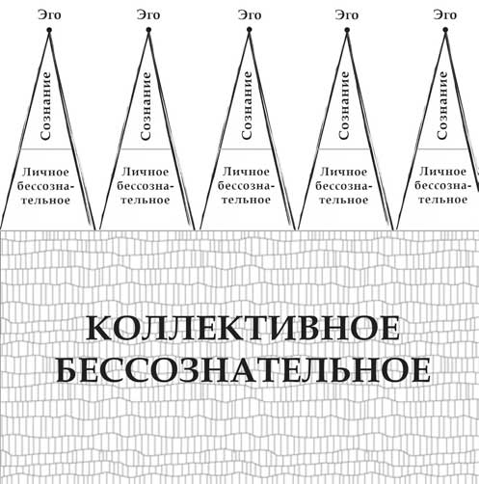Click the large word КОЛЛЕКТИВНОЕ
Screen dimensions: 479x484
(244, 328)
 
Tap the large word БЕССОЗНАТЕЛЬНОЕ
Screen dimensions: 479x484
(244, 370)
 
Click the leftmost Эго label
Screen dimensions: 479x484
(49, 15)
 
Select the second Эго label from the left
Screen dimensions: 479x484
(148, 15)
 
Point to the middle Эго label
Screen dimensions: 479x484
(250, 15)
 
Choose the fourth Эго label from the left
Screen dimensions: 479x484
(347, 15)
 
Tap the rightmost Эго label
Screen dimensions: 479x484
(445, 15)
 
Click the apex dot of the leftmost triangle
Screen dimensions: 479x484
(49, 30)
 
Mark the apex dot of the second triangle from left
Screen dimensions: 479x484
(148, 30)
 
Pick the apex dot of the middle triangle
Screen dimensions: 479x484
(249, 30)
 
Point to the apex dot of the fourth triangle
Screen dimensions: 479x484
(347, 30)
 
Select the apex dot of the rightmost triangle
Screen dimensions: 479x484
(445, 30)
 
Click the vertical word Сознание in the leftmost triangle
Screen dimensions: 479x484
(45, 106)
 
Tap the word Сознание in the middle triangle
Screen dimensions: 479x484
(247, 105)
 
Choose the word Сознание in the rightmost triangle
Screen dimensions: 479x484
(442, 105)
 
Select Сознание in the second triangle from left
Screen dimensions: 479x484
(146, 106)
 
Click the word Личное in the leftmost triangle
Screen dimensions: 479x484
(45, 172)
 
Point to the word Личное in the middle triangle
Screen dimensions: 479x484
(246, 172)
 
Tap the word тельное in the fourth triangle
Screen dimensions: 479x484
(344, 200)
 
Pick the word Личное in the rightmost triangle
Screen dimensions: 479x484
(442, 172)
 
